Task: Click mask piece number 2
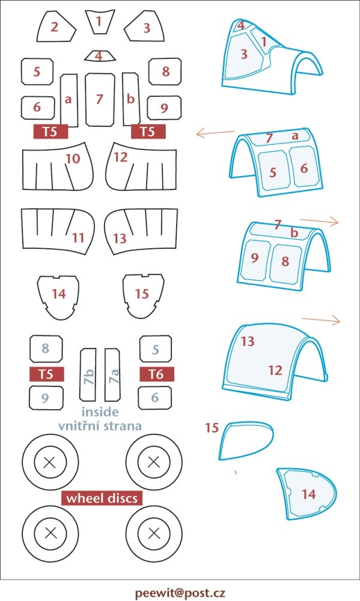point(55,27)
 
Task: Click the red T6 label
point(156,374)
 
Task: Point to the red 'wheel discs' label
point(102,498)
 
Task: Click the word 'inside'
point(100,412)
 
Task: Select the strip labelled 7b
point(88,374)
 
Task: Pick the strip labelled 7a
point(112,374)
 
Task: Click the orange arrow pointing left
point(215,133)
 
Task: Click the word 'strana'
point(123,426)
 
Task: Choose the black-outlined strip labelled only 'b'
point(131,99)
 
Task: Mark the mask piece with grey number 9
point(46,398)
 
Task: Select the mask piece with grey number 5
point(155,349)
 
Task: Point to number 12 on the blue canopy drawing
point(275,370)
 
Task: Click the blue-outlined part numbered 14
point(307,493)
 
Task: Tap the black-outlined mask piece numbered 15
point(143,296)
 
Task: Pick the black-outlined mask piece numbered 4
point(100,56)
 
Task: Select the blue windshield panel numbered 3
point(244,55)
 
